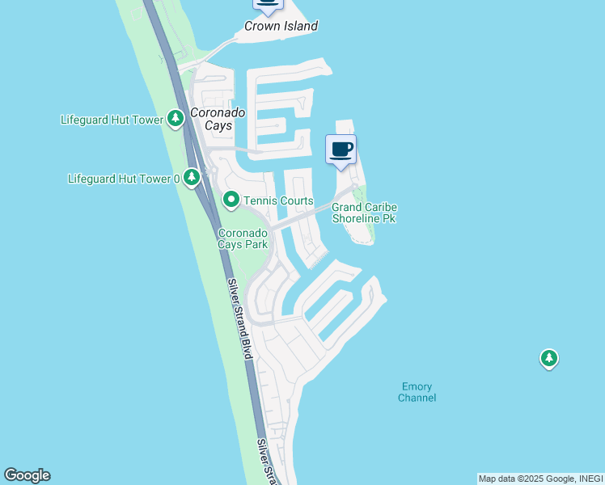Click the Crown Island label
[x=281, y=26]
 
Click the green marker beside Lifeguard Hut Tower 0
[x=192, y=176]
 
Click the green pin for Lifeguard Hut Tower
[x=176, y=119]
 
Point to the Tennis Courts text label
[x=278, y=200]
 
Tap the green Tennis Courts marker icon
[x=231, y=199]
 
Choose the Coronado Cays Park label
[x=243, y=239]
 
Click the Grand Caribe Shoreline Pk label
[x=364, y=213]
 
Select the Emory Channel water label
[x=417, y=392]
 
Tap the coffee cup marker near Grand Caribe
[x=341, y=150]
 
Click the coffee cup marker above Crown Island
[x=268, y=4]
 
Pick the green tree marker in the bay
[x=549, y=358]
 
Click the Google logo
[x=27, y=475]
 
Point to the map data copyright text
[x=539, y=479]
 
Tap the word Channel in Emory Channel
[x=417, y=398]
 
